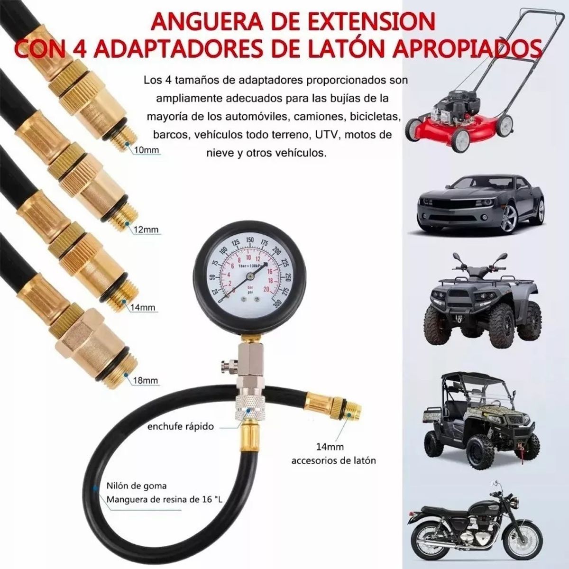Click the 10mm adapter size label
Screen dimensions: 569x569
pyautogui.click(x=147, y=151)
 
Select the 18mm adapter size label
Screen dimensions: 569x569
pyautogui.click(x=145, y=381)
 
